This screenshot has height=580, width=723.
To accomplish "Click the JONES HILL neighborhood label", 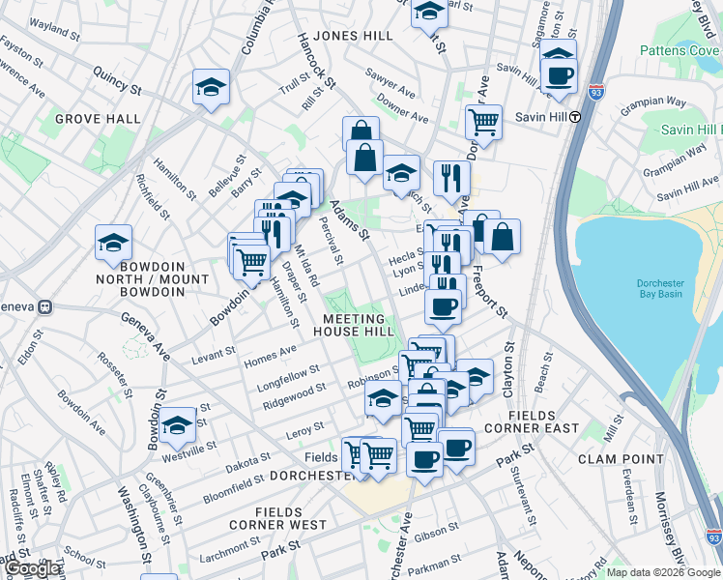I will point(354,36).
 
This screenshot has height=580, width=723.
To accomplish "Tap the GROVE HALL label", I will point(98,119).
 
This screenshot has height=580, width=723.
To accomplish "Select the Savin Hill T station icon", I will point(574,117).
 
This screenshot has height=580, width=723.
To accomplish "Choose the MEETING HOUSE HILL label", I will point(358,325).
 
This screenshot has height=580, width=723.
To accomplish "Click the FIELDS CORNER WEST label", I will point(278,518).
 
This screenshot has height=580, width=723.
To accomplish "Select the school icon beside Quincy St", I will point(209,88).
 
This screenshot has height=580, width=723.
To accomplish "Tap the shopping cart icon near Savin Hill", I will point(482,122).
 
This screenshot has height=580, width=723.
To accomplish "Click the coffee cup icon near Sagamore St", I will point(559,73).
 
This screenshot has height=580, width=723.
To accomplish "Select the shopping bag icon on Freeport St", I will point(503,237).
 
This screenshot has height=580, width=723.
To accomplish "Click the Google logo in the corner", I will point(33,568).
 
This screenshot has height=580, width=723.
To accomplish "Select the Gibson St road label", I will point(437,531).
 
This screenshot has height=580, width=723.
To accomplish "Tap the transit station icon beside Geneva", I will point(44,306).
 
